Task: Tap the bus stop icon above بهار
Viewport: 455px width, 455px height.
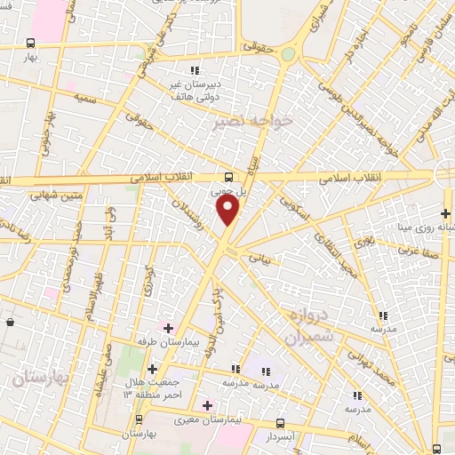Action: pyautogui.click(x=31, y=43)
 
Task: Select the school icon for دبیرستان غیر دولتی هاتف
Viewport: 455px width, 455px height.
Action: pyautogui.click(x=194, y=71)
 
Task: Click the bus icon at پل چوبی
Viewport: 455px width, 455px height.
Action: pyautogui.click(x=228, y=176)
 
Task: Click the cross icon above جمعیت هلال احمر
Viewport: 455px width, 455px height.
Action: pyautogui.click(x=151, y=369)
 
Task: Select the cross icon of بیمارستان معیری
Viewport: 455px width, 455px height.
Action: pyautogui.click(x=207, y=404)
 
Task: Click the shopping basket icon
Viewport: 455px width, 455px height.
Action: pyautogui.click(x=9, y=322)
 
